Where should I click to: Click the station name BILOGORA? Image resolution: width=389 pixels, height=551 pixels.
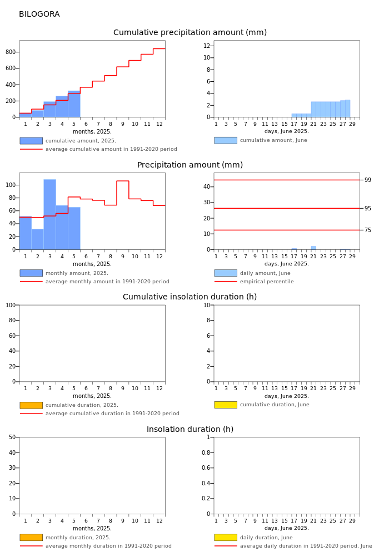pyautogui.click(x=39, y=14)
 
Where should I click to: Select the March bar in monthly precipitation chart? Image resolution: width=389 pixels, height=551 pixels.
pyautogui.click(x=50, y=214)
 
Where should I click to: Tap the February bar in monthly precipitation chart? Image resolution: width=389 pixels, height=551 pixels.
pyautogui.click(x=38, y=239)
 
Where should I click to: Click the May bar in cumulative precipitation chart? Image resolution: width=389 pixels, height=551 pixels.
pyautogui.click(x=74, y=104)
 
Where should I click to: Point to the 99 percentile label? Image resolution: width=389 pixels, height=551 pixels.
pyautogui.click(x=367, y=180)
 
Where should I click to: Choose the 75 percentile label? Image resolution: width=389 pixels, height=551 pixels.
pyautogui.click(x=367, y=230)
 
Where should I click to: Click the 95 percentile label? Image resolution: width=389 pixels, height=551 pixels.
pyautogui.click(x=367, y=208)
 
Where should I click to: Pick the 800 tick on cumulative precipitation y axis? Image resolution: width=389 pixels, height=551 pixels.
pyautogui.click(x=11, y=52)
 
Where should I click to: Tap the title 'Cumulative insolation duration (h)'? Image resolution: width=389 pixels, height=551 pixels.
pyautogui.click(x=189, y=297)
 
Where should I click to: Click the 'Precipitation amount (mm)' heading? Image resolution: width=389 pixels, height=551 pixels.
pyautogui.click(x=189, y=165)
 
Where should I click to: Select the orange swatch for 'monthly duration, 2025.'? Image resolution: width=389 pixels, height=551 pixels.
pyautogui.click(x=31, y=537)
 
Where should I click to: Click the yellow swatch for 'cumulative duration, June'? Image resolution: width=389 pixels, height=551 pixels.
pyautogui.click(x=226, y=405)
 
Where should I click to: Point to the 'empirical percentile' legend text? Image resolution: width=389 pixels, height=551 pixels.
pyautogui.click(x=267, y=282)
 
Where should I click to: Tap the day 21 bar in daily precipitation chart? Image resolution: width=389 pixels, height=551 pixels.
pyautogui.click(x=313, y=248)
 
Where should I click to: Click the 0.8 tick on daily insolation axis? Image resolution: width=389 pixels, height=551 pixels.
pyautogui.click(x=206, y=452)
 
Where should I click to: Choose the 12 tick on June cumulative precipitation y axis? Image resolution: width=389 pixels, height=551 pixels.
pyautogui.click(x=207, y=46)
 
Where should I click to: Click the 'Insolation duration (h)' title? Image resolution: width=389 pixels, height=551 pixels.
pyautogui.click(x=189, y=429)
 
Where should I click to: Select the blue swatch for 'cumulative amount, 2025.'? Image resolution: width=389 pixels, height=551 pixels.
pyautogui.click(x=31, y=141)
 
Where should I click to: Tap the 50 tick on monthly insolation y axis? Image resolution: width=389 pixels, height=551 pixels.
pyautogui.click(x=12, y=437)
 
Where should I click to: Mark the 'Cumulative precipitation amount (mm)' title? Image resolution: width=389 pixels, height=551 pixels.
pyautogui.click(x=189, y=32)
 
